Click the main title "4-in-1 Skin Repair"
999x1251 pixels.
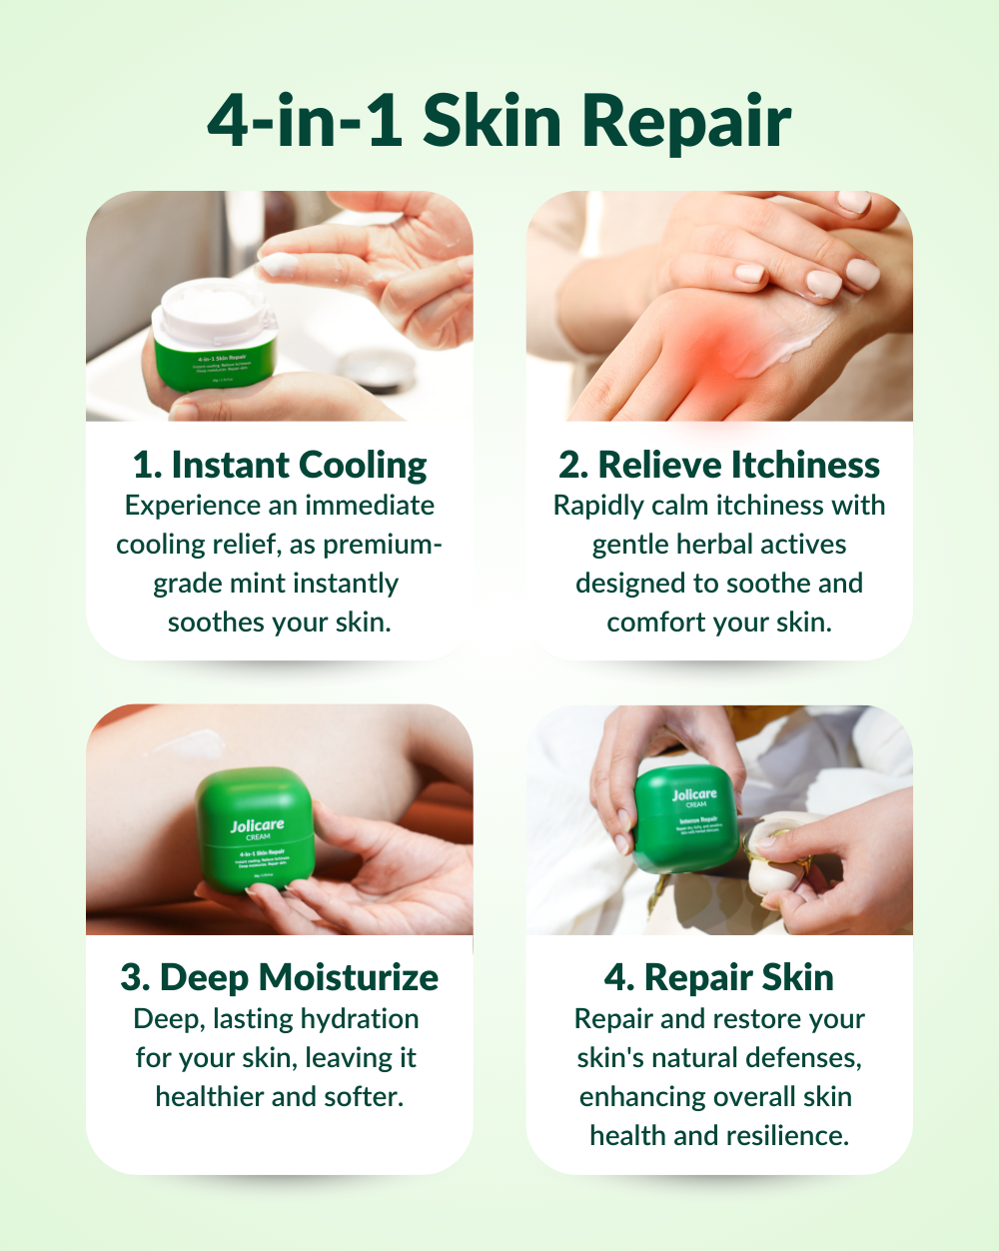click(x=499, y=122)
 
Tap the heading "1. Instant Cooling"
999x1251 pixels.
click(x=280, y=465)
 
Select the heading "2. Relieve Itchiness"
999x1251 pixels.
click(x=719, y=465)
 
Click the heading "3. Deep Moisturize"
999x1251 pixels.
click(x=280, y=977)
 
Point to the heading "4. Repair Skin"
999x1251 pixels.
click(x=719, y=977)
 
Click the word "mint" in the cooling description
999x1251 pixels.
click(x=273, y=584)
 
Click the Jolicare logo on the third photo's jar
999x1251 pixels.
click(x=257, y=826)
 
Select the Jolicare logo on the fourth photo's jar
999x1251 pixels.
click(x=693, y=795)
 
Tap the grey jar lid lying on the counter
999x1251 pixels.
click(x=378, y=372)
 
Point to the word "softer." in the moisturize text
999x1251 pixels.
click(x=364, y=1097)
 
